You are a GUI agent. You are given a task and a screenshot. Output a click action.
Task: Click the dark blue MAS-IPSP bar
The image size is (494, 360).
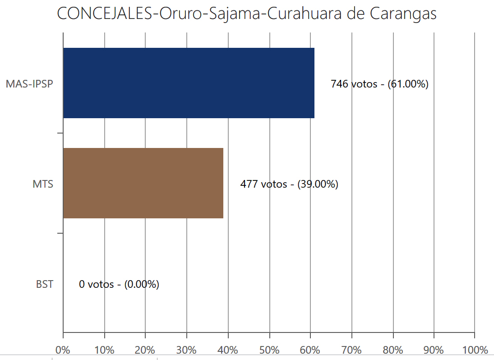[189, 83]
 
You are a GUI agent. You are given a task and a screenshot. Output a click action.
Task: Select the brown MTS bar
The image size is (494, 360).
[143, 183]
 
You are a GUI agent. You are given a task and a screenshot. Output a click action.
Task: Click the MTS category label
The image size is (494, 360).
[43, 184]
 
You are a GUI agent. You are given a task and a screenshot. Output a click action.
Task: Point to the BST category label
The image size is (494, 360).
[44, 284]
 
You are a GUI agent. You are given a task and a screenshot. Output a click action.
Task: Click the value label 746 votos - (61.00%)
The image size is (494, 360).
[379, 84]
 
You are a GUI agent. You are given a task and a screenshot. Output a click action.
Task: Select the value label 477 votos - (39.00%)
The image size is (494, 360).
[289, 184]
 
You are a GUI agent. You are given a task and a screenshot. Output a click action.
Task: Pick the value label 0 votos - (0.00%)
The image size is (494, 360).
[119, 284]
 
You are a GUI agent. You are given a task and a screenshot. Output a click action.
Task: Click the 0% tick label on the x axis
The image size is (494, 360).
[63, 350]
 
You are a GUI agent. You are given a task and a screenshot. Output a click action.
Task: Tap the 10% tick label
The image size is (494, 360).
[104, 350]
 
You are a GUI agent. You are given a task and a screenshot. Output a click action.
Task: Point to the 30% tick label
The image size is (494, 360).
[186, 350]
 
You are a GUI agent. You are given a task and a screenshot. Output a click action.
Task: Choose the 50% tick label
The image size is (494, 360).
[269, 350]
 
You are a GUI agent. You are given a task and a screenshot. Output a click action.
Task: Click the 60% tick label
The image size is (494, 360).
[310, 350]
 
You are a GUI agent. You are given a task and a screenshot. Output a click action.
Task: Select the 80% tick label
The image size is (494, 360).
[392, 350]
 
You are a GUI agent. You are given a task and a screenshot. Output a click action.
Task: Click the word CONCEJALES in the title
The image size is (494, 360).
[105, 14]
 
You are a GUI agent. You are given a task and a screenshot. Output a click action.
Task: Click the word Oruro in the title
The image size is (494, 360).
[176, 14]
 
